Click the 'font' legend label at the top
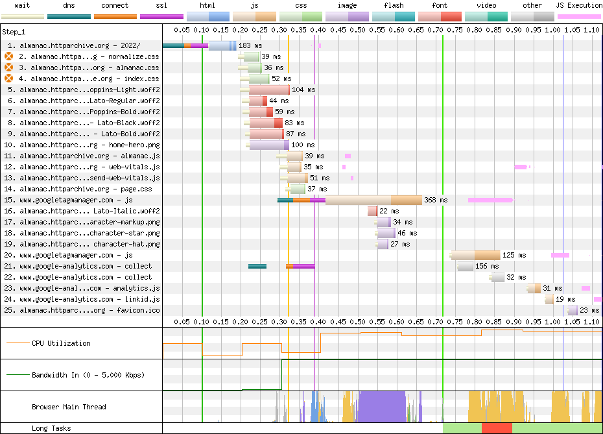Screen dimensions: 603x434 440,5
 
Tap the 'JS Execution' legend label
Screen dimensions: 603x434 579,5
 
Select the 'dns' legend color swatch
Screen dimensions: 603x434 69,17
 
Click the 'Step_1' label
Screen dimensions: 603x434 14,32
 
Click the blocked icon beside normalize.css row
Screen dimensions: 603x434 8,56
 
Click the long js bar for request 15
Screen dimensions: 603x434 373,200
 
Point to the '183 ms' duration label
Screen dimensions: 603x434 250,45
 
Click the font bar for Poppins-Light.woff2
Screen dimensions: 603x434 269,90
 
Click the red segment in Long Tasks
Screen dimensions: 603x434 497,428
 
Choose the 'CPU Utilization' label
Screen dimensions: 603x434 61,343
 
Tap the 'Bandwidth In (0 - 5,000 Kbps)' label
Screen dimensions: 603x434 88,375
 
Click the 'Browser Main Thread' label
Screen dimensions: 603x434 69,407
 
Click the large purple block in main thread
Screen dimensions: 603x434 383,407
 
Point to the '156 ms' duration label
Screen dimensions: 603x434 487,266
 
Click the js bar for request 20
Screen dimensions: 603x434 476,255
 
